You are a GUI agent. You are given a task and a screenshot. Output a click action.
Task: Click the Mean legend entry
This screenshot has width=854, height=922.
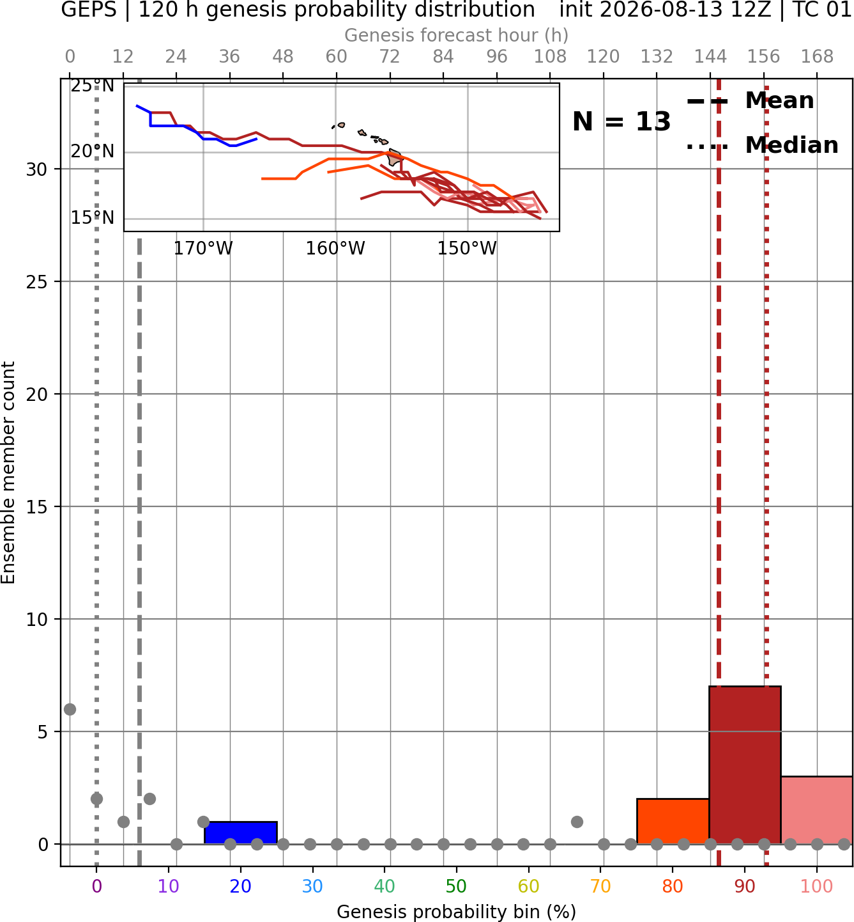[x=750, y=101]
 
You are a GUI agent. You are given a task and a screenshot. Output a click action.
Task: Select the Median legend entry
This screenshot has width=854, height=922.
[x=762, y=146]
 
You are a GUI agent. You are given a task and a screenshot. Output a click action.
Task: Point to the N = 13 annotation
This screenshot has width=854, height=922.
[x=621, y=121]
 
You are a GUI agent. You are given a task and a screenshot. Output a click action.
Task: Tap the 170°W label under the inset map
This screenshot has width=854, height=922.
[x=203, y=248]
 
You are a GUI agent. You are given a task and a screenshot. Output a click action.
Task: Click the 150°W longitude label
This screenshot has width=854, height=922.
[x=467, y=248]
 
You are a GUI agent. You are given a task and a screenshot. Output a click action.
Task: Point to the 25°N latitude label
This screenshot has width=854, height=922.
[x=93, y=86]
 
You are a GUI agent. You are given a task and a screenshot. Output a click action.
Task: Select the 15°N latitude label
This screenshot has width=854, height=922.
[x=93, y=218]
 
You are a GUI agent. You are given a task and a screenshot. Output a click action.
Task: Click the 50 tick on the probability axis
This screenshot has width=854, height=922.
[x=456, y=886]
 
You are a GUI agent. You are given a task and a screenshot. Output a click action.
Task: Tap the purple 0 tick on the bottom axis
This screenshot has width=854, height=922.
[x=96, y=886]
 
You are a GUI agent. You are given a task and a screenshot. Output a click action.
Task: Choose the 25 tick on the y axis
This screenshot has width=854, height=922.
[x=37, y=282]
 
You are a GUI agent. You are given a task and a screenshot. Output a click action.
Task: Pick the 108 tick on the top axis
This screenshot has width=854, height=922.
[x=550, y=57]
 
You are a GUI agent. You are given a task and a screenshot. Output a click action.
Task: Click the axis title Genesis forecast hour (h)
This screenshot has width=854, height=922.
[x=457, y=35]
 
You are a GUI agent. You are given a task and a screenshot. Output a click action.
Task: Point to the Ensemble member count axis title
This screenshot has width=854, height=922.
[x=8, y=473]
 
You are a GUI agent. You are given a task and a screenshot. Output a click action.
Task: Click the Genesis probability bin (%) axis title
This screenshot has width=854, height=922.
[x=457, y=912]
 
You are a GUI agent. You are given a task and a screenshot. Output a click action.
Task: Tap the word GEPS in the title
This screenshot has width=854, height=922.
[x=89, y=10]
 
